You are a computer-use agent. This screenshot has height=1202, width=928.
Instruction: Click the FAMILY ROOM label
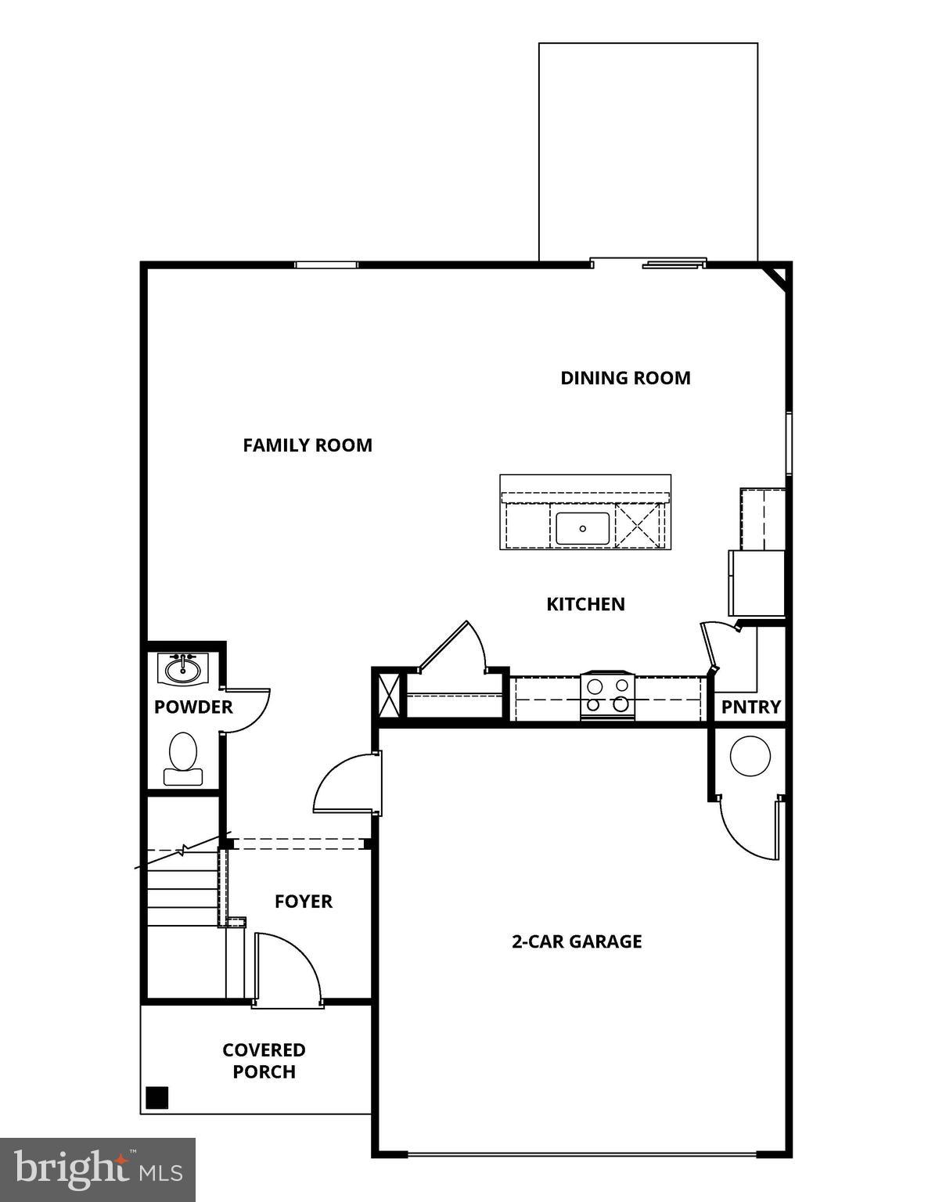click(308, 445)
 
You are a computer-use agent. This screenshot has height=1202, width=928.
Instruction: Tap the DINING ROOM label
click(625, 378)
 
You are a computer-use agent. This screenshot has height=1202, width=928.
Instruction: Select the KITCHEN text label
click(585, 604)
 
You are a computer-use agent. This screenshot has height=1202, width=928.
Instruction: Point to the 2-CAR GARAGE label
click(577, 941)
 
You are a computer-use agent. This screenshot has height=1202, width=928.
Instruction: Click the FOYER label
click(304, 901)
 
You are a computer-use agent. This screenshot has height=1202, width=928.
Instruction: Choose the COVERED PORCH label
click(264, 1060)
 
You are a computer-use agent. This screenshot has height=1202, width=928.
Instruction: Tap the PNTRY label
click(750, 707)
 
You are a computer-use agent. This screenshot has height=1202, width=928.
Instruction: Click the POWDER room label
click(193, 707)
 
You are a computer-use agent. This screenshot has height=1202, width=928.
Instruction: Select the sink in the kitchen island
click(582, 528)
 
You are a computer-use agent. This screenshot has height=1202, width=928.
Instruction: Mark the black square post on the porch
click(157, 1097)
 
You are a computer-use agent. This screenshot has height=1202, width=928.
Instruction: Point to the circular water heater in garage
click(750, 756)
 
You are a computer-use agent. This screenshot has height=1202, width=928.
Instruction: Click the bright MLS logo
click(98, 1170)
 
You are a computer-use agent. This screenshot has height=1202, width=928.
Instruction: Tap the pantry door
click(710, 646)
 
